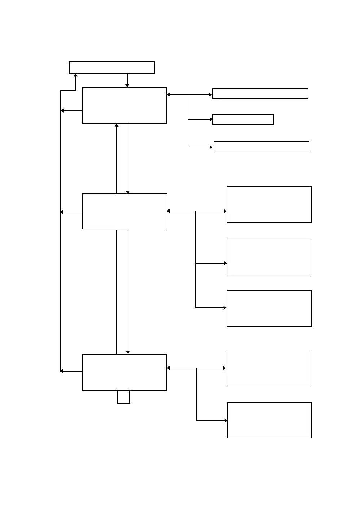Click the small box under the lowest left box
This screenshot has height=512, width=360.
123,396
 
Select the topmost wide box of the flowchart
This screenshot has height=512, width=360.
112,68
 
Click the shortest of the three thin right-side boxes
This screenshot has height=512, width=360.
243,120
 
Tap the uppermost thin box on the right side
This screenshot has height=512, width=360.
260,93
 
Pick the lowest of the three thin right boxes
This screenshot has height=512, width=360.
261,146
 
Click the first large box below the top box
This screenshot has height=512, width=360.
124,105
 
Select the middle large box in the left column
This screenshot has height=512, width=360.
125,211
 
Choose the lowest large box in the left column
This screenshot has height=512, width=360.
124,372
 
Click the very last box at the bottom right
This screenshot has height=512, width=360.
269,420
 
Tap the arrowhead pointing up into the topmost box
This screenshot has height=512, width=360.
75,75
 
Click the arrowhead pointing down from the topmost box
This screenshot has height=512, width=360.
127,86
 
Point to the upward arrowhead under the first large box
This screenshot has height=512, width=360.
117,126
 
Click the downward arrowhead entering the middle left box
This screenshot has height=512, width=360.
128,192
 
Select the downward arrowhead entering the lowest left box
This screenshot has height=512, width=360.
128,352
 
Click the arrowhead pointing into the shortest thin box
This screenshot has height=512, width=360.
211,119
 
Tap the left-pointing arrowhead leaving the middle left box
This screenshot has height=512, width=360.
62,212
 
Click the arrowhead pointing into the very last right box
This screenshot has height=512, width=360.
226,421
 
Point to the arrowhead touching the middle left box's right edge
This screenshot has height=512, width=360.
169,211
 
